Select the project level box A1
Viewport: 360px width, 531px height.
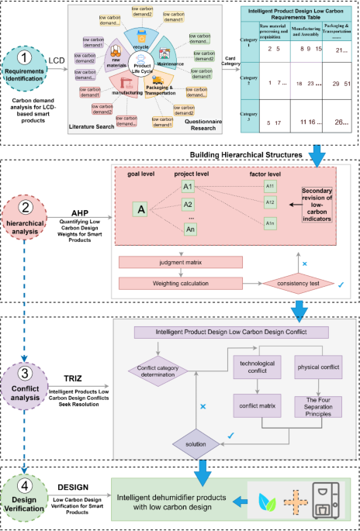click(x=189, y=187)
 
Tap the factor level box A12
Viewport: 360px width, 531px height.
click(x=269, y=203)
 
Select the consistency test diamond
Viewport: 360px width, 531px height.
click(x=292, y=283)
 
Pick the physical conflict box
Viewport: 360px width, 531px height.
click(x=320, y=368)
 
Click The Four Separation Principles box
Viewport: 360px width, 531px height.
click(x=320, y=408)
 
